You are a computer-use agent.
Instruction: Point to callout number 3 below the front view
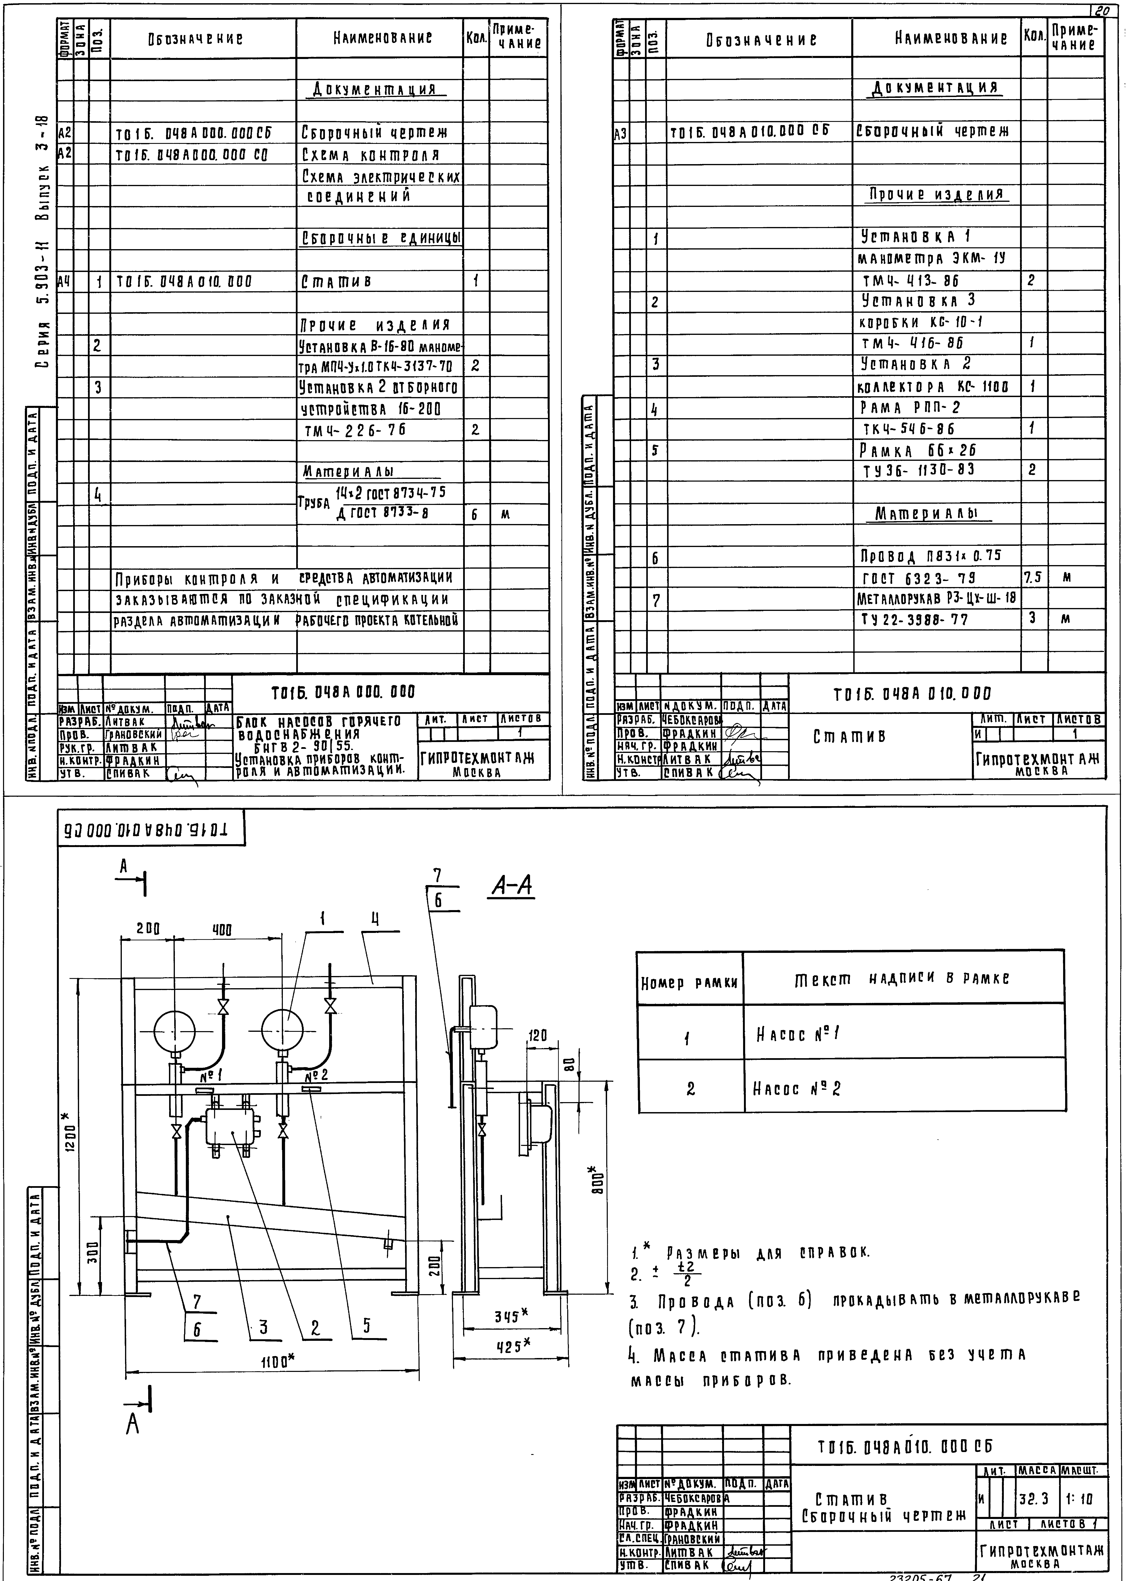[263, 1328]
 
